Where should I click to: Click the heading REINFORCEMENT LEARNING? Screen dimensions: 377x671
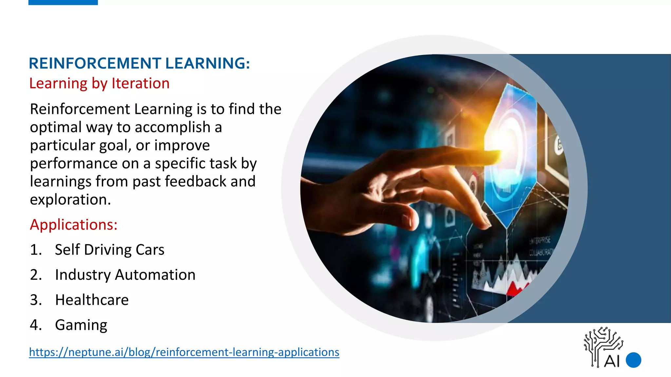click(139, 63)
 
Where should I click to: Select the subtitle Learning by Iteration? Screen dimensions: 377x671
click(99, 83)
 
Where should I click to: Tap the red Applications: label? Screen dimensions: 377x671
click(73, 225)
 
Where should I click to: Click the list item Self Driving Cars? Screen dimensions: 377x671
click(109, 250)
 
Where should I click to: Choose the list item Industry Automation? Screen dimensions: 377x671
click(125, 275)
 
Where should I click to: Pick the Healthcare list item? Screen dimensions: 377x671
click(92, 300)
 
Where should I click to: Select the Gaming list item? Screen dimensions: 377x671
click(81, 325)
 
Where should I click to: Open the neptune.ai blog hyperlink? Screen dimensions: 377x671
click(184, 352)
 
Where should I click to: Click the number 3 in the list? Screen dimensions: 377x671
click(36, 300)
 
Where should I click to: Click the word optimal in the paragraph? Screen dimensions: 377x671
click(54, 127)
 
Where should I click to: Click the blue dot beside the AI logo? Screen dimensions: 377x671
click(633, 360)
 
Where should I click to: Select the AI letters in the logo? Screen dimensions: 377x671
click(612, 361)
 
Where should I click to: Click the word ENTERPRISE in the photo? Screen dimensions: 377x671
click(540, 241)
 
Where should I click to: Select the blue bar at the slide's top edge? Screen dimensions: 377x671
click(63, 2)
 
